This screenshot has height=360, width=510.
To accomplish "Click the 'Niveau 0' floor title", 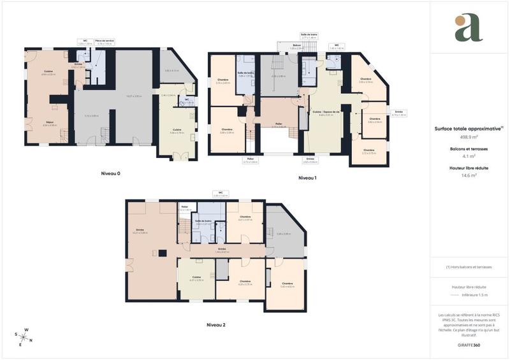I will (x=110, y=173).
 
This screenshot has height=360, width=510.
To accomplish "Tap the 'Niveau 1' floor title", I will (x=307, y=178).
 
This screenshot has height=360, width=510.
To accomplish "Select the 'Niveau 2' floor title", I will (x=216, y=324).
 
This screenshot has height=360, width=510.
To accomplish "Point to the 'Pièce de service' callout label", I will (x=105, y=41).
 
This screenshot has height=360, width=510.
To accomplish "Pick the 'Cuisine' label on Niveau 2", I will (x=196, y=277).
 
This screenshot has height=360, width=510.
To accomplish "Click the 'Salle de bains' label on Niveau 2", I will (x=203, y=221).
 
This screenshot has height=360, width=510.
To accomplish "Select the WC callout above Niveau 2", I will (x=219, y=192).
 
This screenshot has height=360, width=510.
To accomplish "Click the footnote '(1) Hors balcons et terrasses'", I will (x=469, y=267).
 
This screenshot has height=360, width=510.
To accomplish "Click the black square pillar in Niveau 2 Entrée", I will (x=163, y=253).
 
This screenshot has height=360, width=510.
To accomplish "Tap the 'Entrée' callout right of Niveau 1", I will (x=399, y=113).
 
